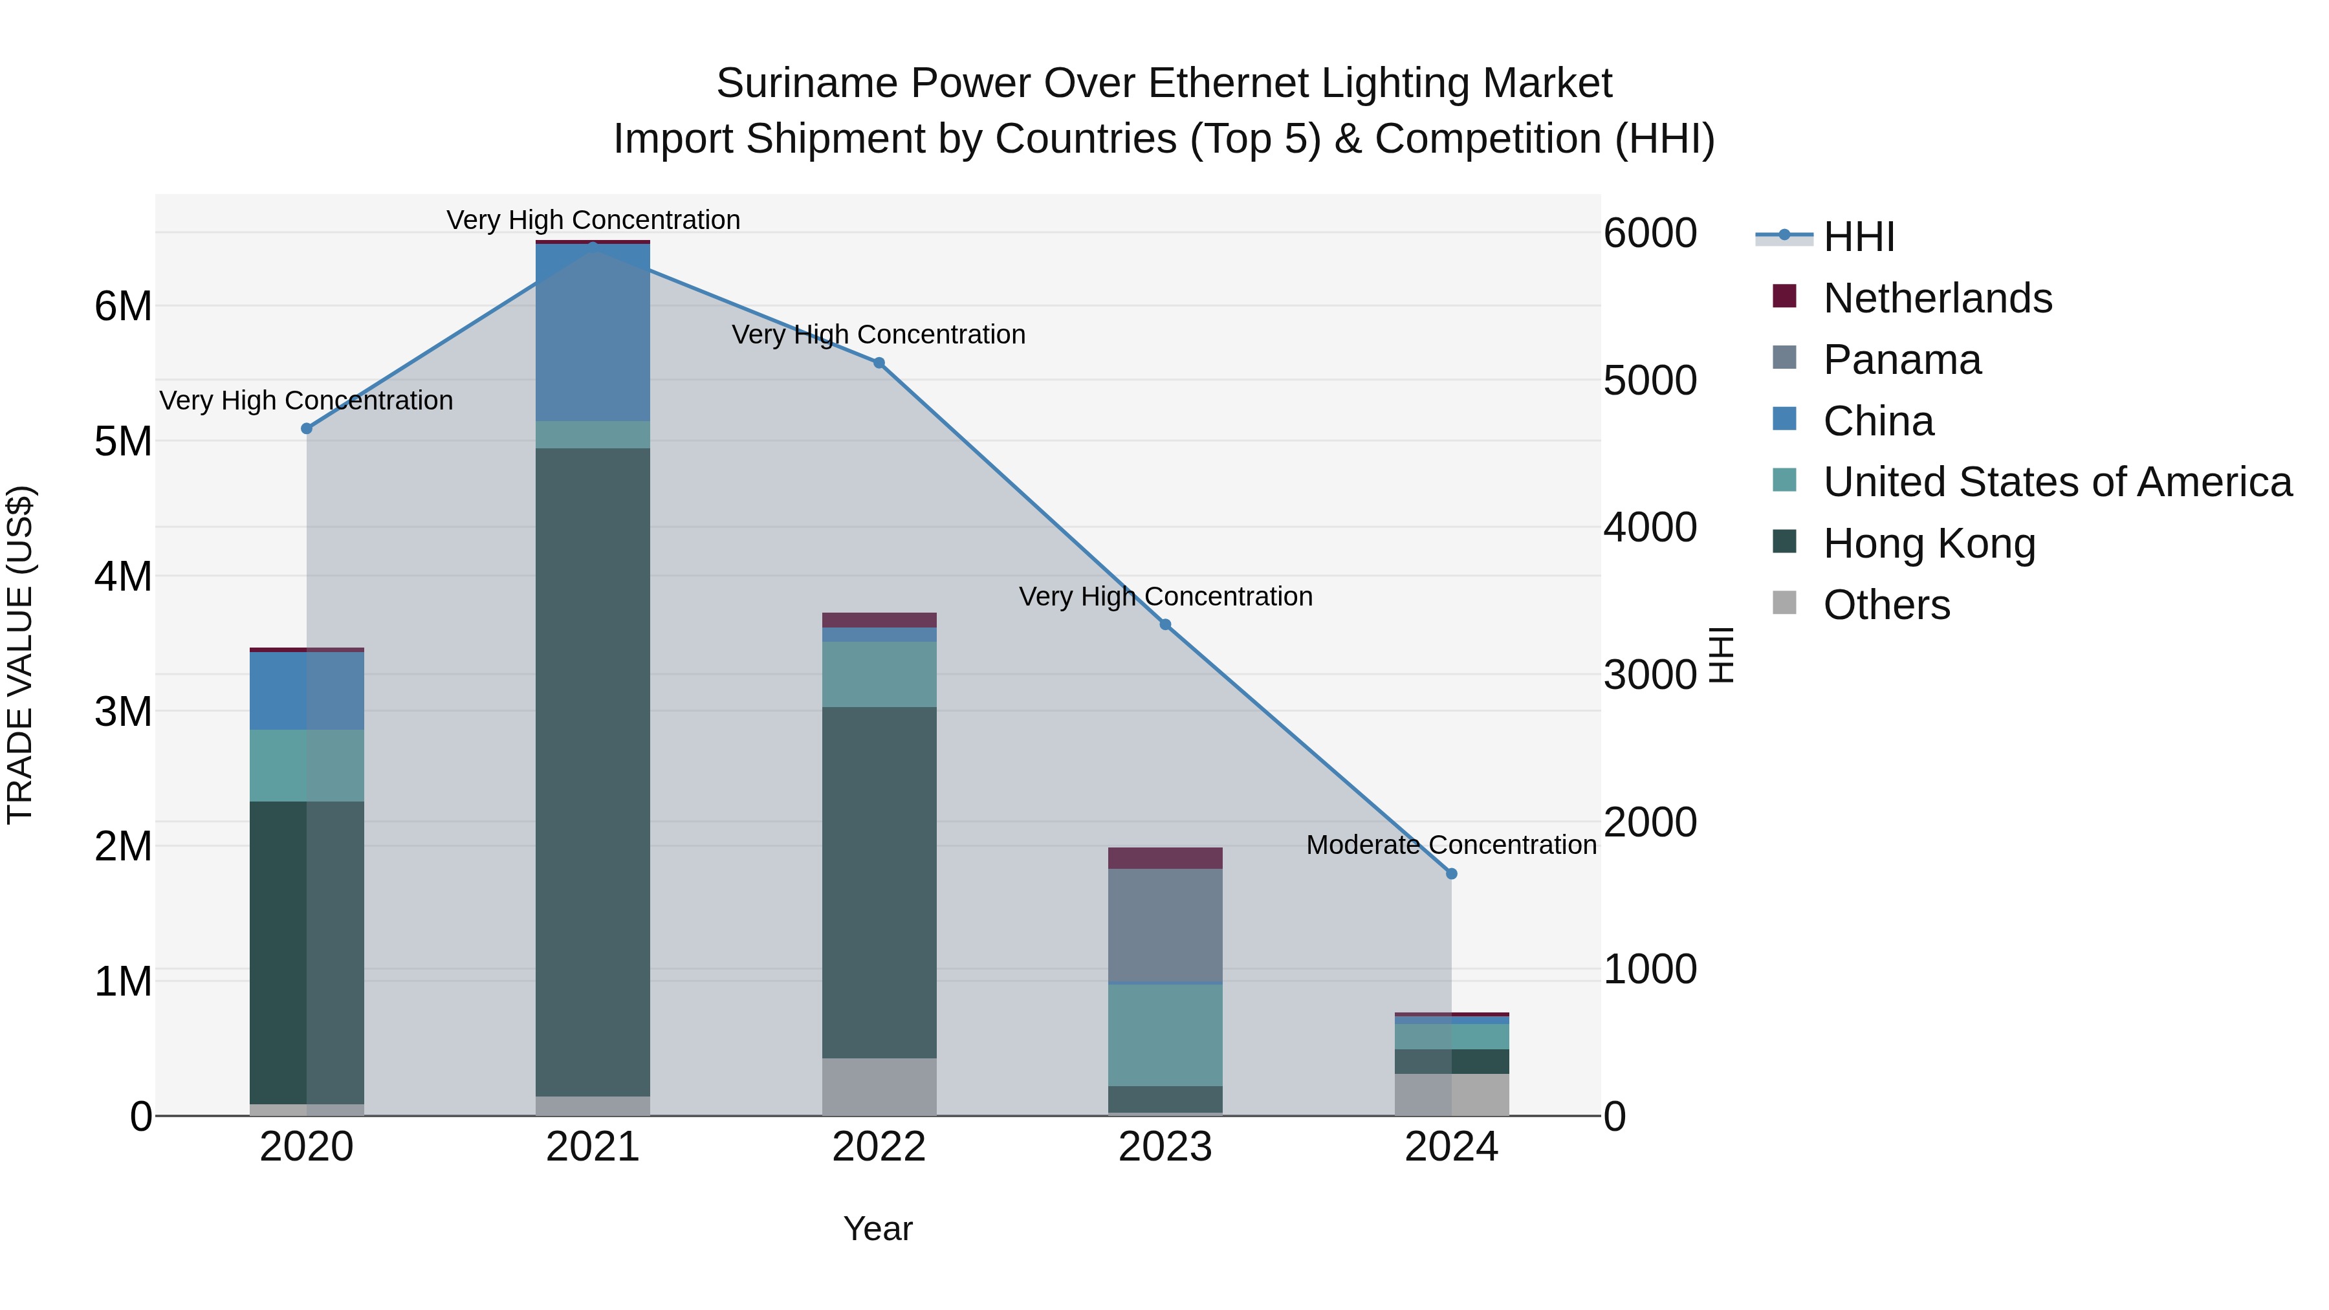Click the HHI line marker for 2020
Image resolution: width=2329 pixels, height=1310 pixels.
click(307, 428)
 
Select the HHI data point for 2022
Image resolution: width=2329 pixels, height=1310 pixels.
click(879, 362)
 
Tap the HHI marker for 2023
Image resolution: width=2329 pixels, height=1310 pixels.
click(1165, 625)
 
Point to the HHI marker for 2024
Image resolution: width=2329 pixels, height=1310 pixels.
click(1451, 873)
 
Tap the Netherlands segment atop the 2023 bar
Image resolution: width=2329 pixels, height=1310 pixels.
click(1165, 858)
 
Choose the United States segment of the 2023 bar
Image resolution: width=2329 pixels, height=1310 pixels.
click(1165, 1034)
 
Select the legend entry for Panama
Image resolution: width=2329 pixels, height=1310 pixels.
click(1901, 360)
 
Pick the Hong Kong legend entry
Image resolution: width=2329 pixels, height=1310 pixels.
click(1929, 543)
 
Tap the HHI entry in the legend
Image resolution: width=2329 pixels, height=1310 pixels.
click(1858, 237)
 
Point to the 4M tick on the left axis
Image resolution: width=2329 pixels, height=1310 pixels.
click(123, 576)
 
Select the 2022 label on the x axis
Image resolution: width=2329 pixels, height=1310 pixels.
click(879, 1147)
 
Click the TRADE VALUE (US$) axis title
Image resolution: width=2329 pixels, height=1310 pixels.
click(20, 655)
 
